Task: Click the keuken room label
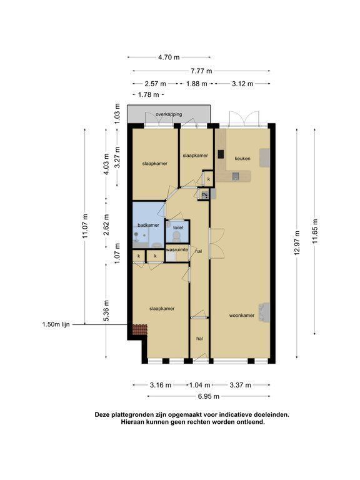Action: click(242, 159)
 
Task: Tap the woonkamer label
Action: click(242, 315)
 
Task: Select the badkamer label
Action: click(148, 225)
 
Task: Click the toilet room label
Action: click(178, 227)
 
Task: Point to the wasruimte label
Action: click(177, 250)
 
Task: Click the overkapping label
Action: click(169, 114)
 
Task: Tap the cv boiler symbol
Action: click(204, 195)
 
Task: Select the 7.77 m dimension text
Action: click(201, 71)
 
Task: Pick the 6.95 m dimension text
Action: click(209, 396)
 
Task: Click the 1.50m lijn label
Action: click(56, 324)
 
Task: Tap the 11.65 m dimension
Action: click(315, 231)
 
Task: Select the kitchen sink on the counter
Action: click(236, 176)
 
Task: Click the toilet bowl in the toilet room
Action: click(177, 236)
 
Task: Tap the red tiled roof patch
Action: click(140, 330)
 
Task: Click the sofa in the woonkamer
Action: click(264, 312)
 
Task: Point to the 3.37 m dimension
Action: click(241, 385)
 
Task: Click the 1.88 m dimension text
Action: click(197, 84)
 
